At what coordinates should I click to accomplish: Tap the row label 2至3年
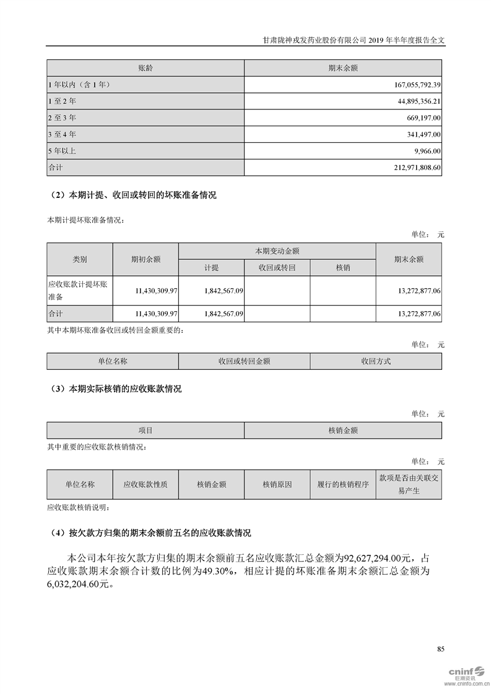coord(62,117)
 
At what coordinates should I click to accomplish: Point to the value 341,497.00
coord(422,134)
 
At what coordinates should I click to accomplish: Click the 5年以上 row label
coord(62,150)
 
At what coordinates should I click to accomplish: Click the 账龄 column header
coord(146,67)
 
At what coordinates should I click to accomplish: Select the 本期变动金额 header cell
coord(277,251)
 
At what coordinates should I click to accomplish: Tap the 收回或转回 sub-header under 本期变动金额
coord(277,268)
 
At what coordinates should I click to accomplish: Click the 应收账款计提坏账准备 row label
coord(78,290)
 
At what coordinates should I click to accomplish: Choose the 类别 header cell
coord(80,260)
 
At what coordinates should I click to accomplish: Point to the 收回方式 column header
coord(376,361)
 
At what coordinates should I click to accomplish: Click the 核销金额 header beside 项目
coord(343,430)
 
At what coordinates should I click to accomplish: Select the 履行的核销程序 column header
coord(343,484)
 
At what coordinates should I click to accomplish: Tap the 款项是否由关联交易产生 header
coord(409,484)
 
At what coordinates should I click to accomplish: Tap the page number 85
coord(440,649)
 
